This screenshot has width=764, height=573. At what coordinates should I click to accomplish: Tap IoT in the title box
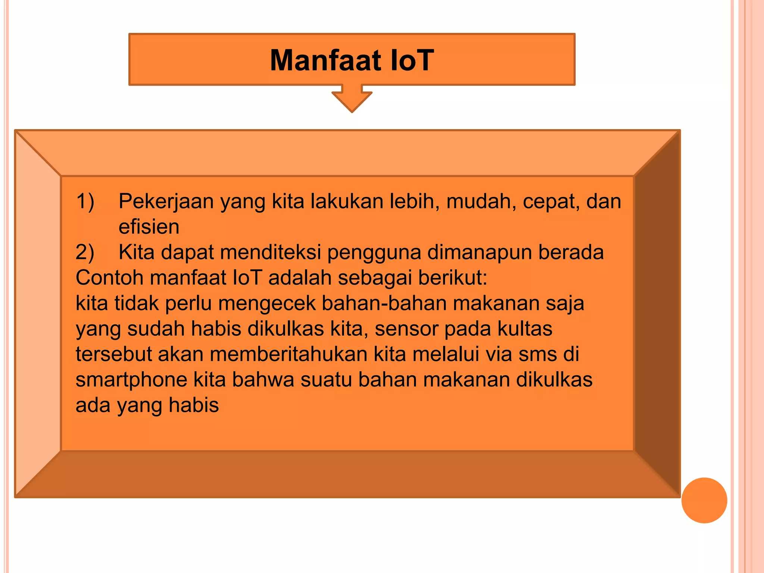click(411, 60)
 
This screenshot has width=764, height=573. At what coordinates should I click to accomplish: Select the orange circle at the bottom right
click(704, 500)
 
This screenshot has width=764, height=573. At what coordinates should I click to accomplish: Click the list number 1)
click(85, 201)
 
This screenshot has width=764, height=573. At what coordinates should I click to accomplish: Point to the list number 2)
click(85, 252)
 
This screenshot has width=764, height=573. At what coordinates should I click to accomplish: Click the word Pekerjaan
click(166, 201)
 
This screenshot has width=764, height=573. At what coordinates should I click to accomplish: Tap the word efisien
click(149, 227)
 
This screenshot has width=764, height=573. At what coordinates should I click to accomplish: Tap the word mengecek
click(267, 303)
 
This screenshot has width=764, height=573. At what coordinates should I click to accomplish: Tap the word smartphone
click(132, 380)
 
